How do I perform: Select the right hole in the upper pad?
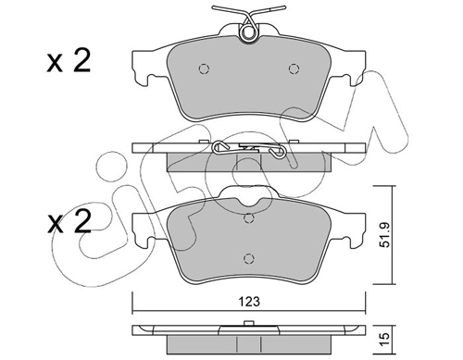point(294,68)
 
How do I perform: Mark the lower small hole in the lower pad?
point(248,258)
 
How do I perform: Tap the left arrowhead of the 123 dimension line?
point(137,311)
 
